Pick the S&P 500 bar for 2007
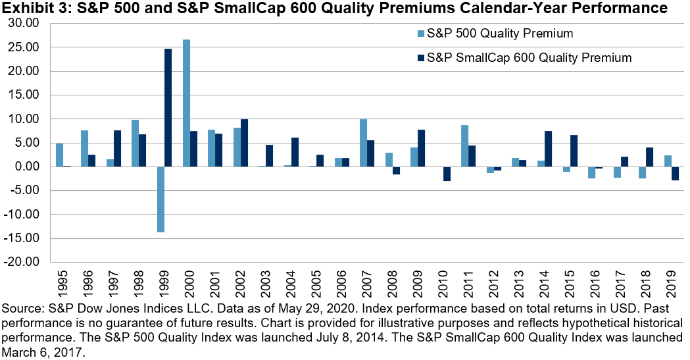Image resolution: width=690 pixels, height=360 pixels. [364, 142]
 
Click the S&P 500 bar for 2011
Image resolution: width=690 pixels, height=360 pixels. [465, 145]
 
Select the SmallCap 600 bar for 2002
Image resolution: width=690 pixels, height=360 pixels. [244, 143]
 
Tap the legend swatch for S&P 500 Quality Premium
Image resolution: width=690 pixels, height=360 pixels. [420, 34]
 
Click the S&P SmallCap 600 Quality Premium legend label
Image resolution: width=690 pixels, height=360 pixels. [529, 58]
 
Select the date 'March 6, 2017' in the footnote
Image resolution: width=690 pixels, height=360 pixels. [41, 352]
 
